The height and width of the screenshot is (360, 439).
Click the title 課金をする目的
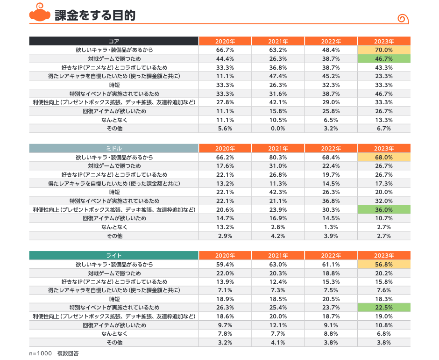[x=95, y=15]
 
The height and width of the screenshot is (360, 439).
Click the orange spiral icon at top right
[x=403, y=19]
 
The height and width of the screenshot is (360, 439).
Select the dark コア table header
[x=114, y=41]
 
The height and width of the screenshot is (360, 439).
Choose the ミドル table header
[x=114, y=149]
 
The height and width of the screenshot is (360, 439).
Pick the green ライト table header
[x=114, y=256]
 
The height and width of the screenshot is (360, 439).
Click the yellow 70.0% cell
[x=383, y=50]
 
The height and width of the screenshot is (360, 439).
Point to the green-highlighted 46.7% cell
[x=383, y=59]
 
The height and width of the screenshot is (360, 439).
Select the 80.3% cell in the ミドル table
[x=278, y=158]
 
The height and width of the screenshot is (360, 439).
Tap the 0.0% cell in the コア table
[x=278, y=129]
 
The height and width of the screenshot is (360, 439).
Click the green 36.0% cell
[x=383, y=209]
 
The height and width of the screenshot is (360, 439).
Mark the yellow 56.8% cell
[x=383, y=265]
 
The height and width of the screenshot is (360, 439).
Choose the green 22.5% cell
[x=383, y=308]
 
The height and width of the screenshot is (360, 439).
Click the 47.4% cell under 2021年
[x=278, y=76]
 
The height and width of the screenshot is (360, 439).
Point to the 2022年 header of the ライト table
[x=331, y=256]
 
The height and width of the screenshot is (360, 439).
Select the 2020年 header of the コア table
[x=225, y=41]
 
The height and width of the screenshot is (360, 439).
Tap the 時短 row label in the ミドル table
[x=114, y=192]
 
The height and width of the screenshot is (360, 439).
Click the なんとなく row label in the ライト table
[x=114, y=334]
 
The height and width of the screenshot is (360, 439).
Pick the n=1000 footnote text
[x=40, y=353]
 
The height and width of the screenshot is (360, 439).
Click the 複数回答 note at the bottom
[x=68, y=353]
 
